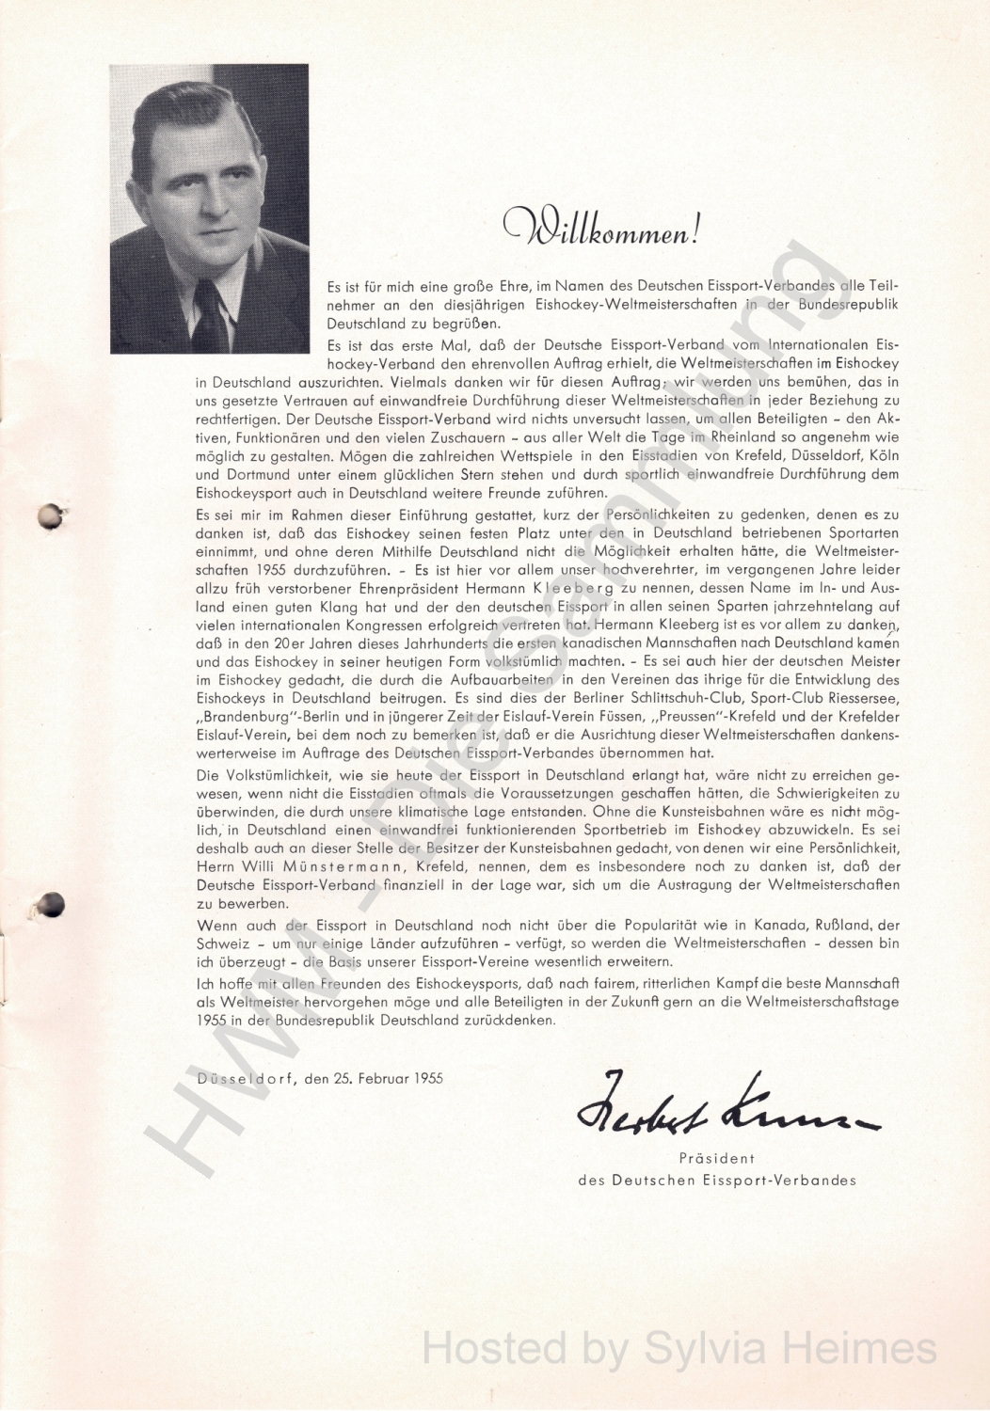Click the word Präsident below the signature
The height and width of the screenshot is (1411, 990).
point(716,1159)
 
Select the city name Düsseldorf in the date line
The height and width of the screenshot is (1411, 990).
point(244,1078)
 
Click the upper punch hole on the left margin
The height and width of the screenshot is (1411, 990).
point(49,515)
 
